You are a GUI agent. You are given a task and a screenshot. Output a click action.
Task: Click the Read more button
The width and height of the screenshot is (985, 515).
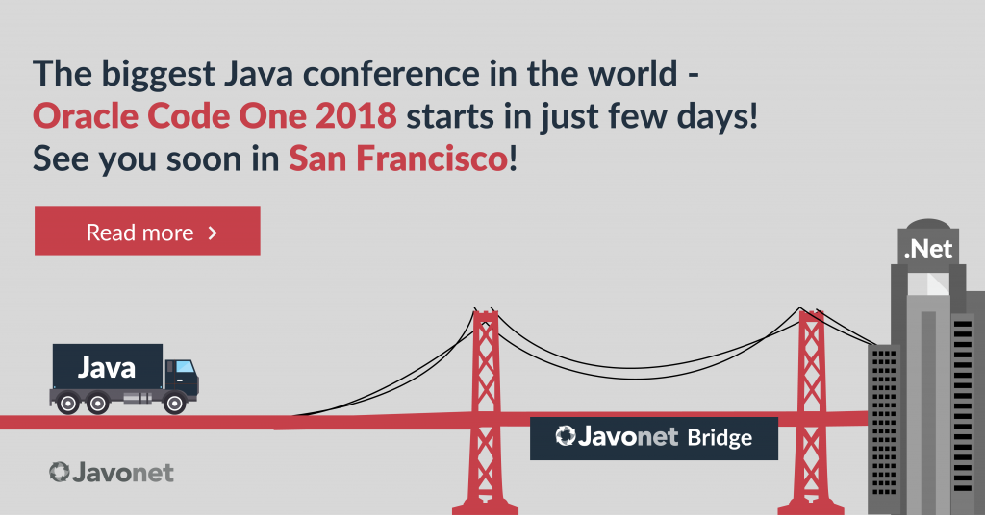[x=147, y=231]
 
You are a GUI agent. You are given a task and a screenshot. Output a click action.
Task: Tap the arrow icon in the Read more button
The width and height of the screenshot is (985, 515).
[x=213, y=233]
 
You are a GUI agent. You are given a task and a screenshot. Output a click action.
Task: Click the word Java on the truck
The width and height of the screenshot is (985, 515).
[x=106, y=368]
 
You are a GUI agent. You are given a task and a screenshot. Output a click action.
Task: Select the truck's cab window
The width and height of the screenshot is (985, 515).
[x=185, y=366]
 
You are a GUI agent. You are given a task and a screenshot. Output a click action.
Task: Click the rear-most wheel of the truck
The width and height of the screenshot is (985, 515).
[x=68, y=403]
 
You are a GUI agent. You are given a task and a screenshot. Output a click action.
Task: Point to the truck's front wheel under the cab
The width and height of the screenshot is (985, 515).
[x=175, y=403]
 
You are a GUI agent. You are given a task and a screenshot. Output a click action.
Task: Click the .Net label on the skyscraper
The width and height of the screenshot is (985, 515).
[x=928, y=250]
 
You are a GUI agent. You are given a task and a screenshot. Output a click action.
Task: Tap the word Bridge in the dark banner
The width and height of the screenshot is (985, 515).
[x=720, y=438]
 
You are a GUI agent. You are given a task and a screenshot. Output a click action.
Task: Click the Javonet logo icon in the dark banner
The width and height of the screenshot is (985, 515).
[x=566, y=435]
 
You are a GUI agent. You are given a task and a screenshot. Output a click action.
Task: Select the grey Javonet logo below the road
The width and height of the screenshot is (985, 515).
[x=112, y=473]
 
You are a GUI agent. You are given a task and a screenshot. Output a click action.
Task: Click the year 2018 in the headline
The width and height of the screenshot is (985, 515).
[x=356, y=116]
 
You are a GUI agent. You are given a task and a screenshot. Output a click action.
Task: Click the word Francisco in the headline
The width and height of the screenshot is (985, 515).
[x=432, y=159]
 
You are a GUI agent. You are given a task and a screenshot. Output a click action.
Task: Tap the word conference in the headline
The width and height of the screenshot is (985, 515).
[x=392, y=74]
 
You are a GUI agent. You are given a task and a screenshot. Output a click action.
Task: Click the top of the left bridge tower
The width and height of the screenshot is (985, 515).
[x=485, y=313]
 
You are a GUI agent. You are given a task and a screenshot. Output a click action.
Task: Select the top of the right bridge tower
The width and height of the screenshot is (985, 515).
[x=811, y=313]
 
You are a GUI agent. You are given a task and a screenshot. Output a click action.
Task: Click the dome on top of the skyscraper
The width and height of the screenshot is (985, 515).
[x=928, y=225]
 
